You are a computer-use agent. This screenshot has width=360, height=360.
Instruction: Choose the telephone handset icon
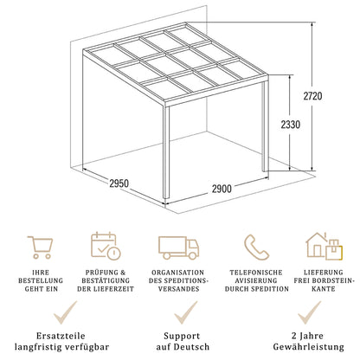pos(254,247)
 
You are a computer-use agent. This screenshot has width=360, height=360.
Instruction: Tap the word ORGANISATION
pos(179,273)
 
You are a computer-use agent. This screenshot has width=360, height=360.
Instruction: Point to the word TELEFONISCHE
pos(254,273)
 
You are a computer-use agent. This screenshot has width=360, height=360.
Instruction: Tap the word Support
pos(179,334)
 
